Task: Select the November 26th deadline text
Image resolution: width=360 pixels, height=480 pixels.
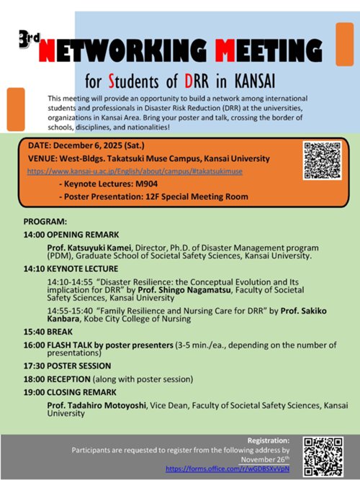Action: pos(263,458)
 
